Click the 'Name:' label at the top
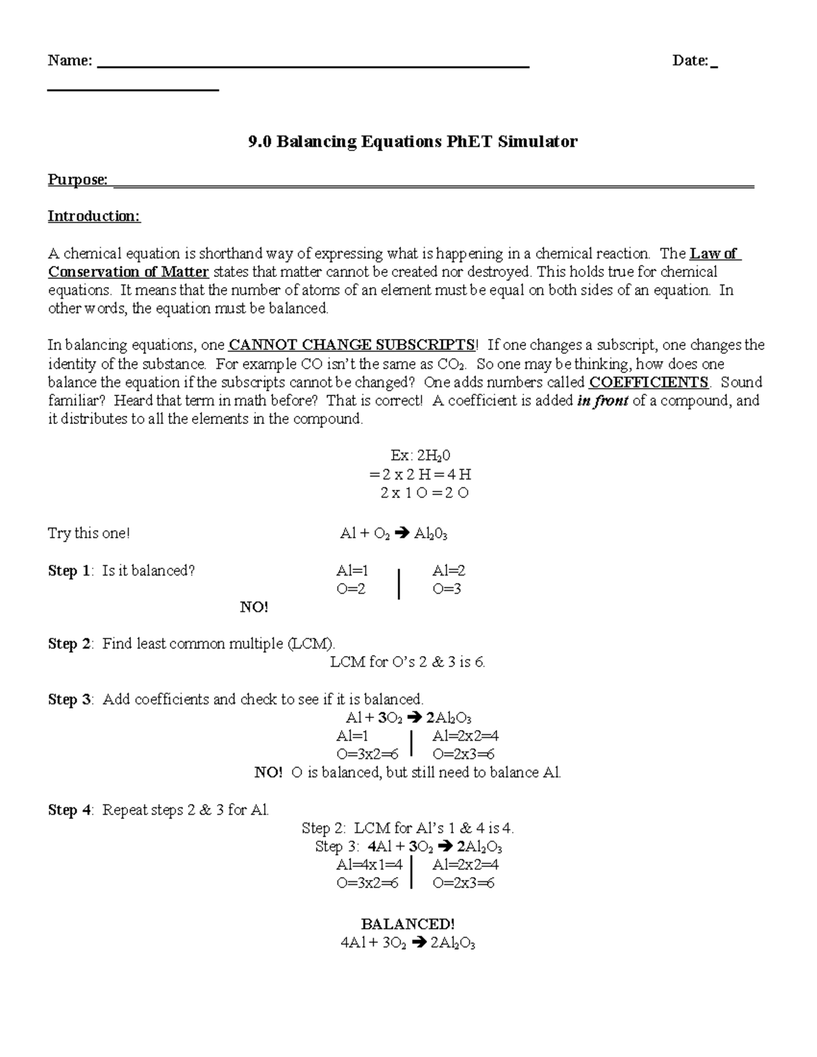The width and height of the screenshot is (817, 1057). tap(69, 61)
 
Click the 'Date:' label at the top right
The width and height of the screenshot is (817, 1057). tap(690, 61)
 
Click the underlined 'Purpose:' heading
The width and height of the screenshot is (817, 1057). tap(78, 180)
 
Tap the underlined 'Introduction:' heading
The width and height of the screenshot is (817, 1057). tap(94, 216)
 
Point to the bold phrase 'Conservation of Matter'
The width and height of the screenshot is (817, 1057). tap(128, 272)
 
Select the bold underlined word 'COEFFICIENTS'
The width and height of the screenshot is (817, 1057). tap(648, 382)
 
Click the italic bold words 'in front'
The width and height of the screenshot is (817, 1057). tap(602, 401)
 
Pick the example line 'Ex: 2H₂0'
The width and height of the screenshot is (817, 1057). tap(407, 456)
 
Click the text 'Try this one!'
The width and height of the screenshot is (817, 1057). tap(89, 534)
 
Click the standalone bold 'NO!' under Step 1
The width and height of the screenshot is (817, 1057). tap(254, 607)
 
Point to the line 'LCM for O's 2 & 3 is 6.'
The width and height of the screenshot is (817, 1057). tap(407, 662)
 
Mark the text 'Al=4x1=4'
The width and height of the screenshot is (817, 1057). tap(369, 865)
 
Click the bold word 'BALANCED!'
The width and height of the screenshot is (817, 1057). tap(407, 924)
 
